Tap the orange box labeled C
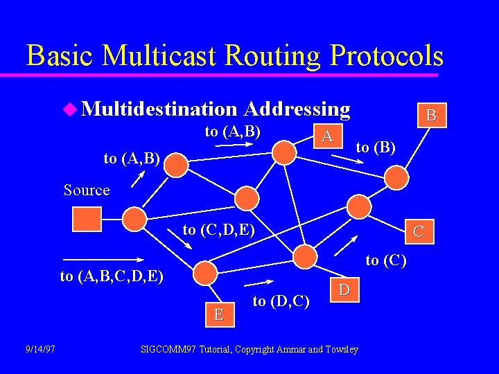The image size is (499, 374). pos(419,232)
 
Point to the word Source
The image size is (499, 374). pos(87,190)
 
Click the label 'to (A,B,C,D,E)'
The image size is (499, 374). pos(112,276)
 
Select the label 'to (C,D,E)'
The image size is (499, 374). pos(219,230)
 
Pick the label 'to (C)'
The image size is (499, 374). pos(386,260)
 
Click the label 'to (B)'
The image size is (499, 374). pos(376,147)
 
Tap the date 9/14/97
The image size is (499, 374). pos(40,349)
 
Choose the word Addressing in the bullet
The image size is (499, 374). pos(297,109)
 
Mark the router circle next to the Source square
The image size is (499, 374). pos(134,220)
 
